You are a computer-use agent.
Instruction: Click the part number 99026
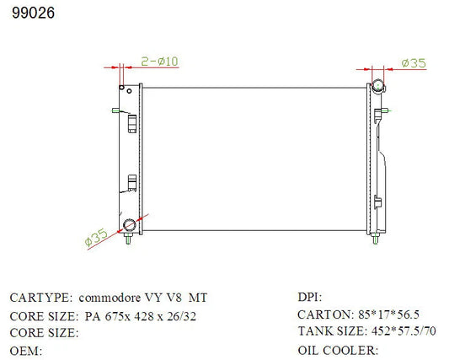click(x=33, y=13)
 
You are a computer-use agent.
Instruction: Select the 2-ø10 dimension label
click(x=159, y=62)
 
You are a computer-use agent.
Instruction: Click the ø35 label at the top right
click(x=414, y=63)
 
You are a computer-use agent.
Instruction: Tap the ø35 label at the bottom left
click(x=96, y=238)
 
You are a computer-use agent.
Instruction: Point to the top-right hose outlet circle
click(x=378, y=86)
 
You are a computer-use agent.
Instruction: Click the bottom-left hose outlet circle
click(x=129, y=225)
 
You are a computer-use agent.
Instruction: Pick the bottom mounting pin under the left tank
click(x=129, y=239)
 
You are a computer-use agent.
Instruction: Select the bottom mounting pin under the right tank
click(x=376, y=239)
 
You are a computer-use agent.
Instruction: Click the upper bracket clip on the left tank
click(x=132, y=124)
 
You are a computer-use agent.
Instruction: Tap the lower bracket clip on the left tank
click(x=132, y=183)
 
